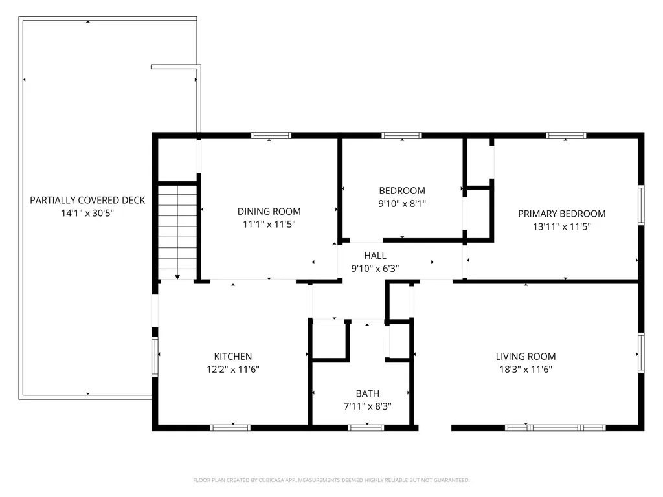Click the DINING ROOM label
(x=269, y=211)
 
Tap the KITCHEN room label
(x=232, y=357)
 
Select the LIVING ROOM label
(x=525, y=357)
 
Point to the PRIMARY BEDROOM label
(x=561, y=214)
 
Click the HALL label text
(x=375, y=256)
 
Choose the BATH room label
(x=367, y=393)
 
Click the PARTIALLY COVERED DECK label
(x=87, y=200)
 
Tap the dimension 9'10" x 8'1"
(x=402, y=203)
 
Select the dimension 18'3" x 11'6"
(x=525, y=370)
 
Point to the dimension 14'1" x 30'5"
(x=87, y=213)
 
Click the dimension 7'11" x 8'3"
(x=367, y=406)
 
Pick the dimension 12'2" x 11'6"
(x=232, y=370)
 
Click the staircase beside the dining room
(x=177, y=230)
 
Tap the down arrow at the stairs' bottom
(x=177, y=276)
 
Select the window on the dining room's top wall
(x=271, y=136)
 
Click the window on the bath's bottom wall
(x=366, y=427)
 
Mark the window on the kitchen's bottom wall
(x=230, y=427)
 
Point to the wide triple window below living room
(x=555, y=427)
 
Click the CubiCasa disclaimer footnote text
(x=331, y=480)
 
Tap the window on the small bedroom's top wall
(x=401, y=136)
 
